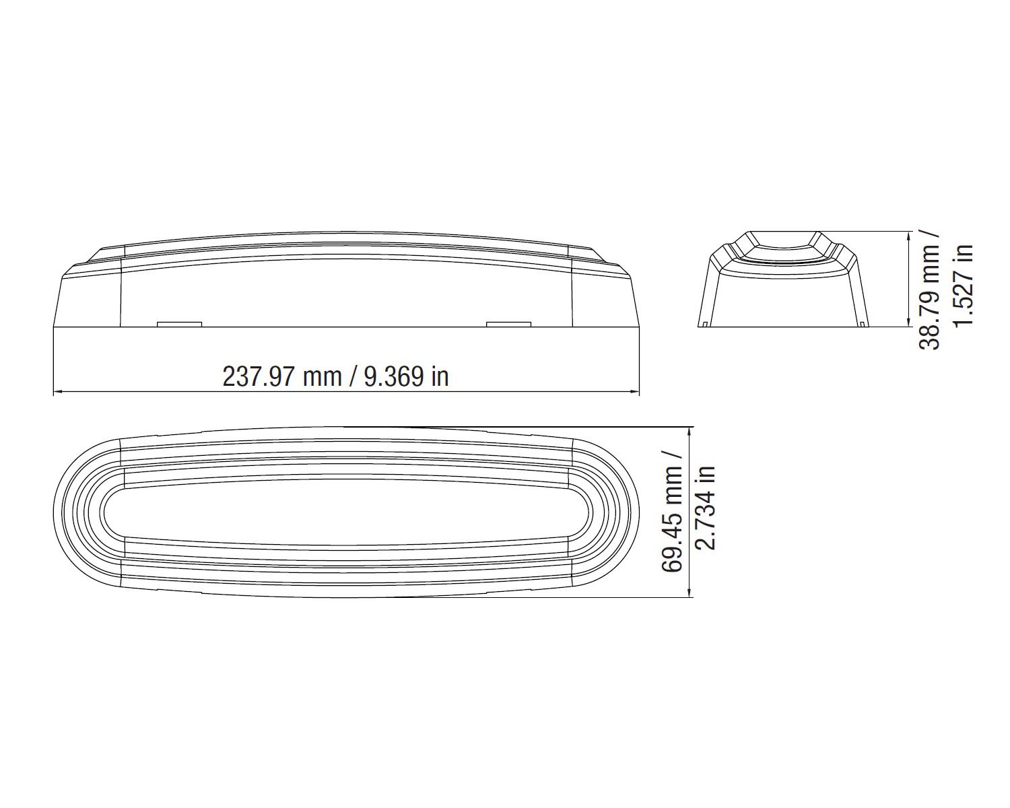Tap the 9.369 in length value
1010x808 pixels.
pos(407,376)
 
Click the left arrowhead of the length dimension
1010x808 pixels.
pos(58,391)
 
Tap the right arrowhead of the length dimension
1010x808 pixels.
pos(634,391)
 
